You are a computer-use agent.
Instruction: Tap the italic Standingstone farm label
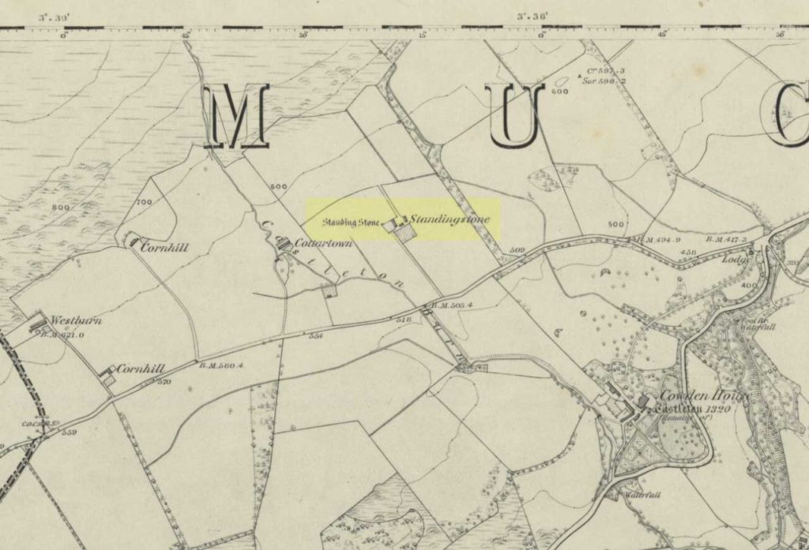pos(451,219)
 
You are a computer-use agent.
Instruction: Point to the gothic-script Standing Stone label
pos(351,222)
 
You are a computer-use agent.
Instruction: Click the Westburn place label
pos(72,321)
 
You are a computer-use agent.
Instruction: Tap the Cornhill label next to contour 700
pos(164,247)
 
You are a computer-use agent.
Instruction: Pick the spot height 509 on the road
pos(517,251)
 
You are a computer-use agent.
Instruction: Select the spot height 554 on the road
pos(316,336)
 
